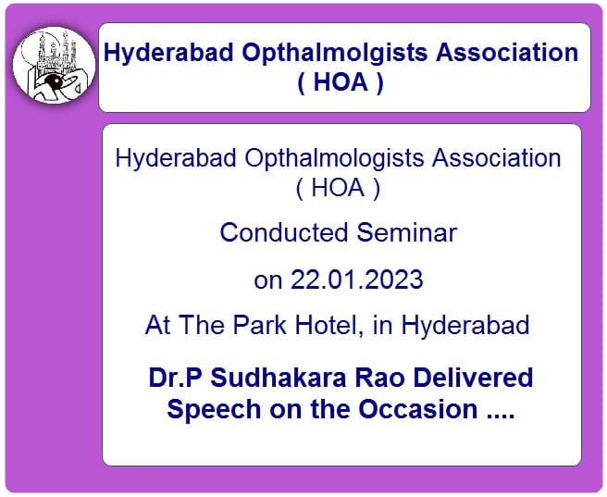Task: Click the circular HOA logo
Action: [54, 65]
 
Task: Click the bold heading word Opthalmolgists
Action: [335, 53]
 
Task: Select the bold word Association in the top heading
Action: [507, 52]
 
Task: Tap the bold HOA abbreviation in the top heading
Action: [341, 82]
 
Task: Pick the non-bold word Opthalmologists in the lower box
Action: [334, 159]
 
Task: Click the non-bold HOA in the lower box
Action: [338, 188]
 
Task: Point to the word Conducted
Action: [284, 232]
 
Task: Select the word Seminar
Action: [407, 232]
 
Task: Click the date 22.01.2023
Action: [357, 280]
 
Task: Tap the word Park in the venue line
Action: [259, 324]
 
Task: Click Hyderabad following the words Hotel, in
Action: [465, 325]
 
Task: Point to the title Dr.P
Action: [175, 378]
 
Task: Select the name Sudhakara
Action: [279, 378]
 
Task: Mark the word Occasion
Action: [417, 409]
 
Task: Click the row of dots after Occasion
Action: [501, 416]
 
